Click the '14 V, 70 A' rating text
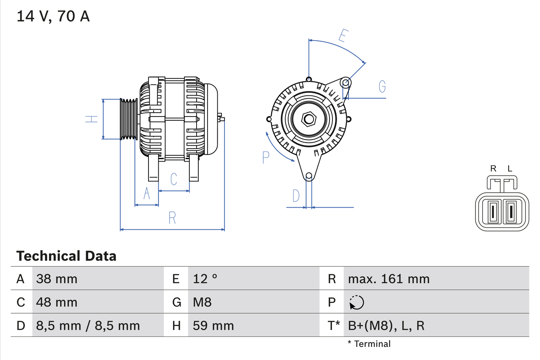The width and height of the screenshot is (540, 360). click(53, 16)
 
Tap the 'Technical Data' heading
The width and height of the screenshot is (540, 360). click(66, 256)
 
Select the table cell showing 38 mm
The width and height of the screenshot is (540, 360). click(57, 279)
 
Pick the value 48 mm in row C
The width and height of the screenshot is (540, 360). click(57, 302)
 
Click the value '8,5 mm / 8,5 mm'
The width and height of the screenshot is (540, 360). click(88, 325)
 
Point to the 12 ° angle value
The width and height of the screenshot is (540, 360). click(205, 279)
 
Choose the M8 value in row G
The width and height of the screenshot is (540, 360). click(202, 302)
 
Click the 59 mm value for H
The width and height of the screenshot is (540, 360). click(213, 325)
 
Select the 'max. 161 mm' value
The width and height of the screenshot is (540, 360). click(389, 279)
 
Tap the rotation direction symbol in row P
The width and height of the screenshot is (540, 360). click(356, 302)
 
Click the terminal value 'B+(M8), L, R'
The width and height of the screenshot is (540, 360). click(386, 325)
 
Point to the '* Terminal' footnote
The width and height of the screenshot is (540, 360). click(369, 344)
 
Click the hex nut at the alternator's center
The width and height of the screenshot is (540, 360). click(309, 119)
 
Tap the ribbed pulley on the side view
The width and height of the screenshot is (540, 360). click(129, 119)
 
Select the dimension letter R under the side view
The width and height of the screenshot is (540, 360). click(172, 218)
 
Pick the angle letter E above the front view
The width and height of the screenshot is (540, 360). click(344, 36)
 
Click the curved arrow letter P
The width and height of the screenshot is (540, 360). click(265, 157)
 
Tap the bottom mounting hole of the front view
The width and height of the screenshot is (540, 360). click(309, 176)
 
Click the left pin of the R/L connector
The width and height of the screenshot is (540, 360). click(492, 212)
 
